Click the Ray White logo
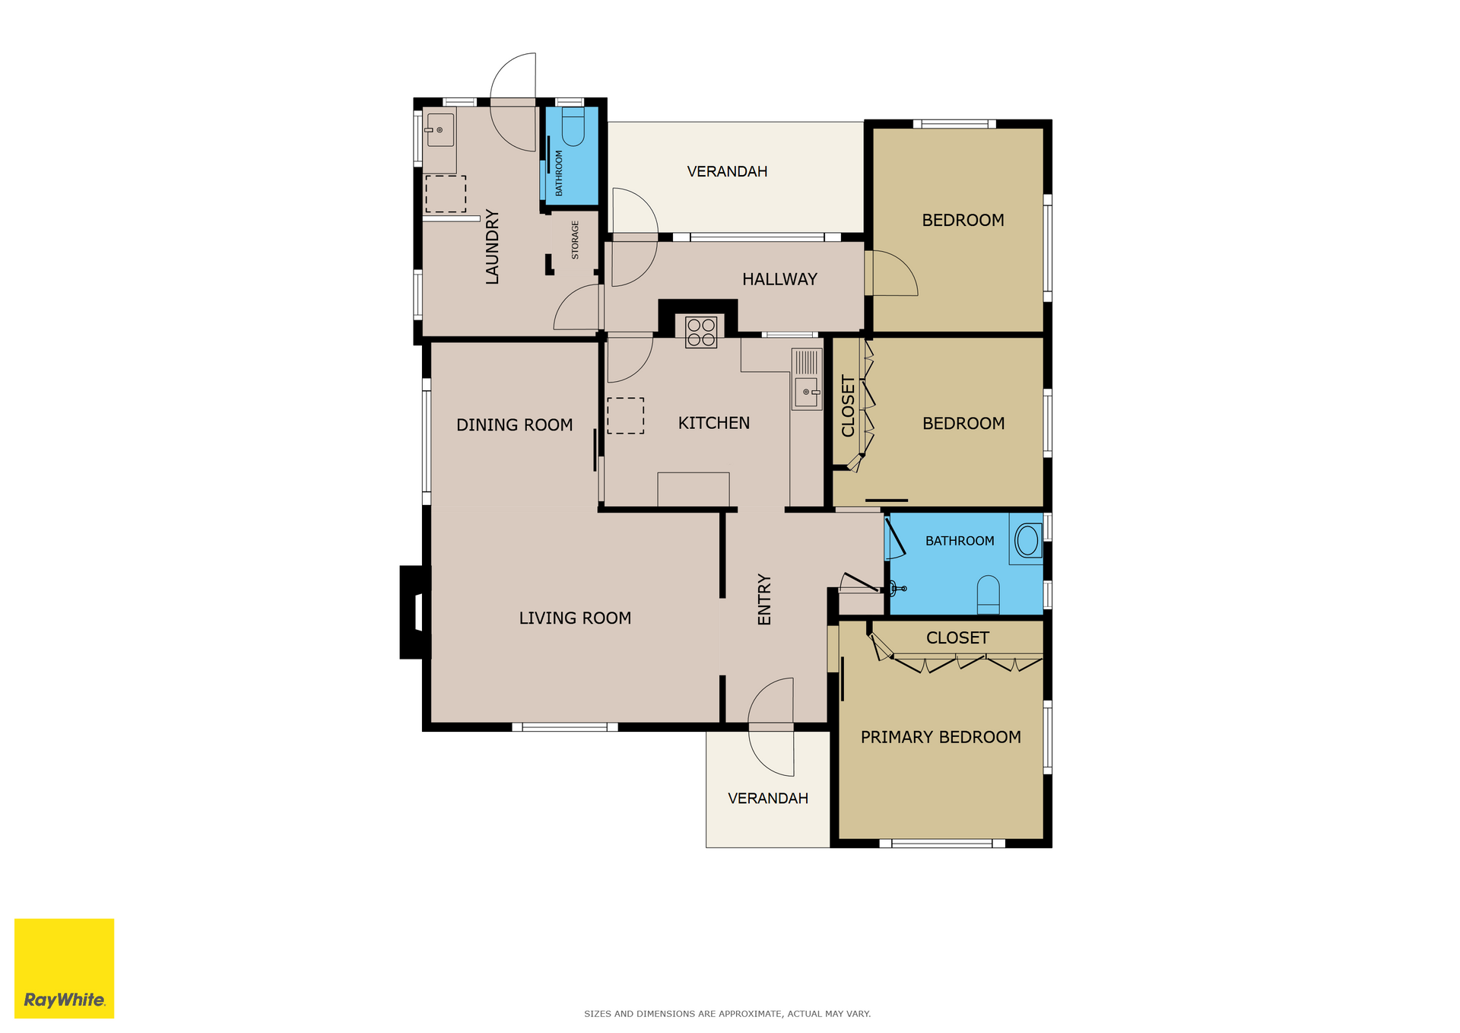click(x=64, y=968)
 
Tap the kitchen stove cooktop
click(x=701, y=332)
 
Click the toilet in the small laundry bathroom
click(x=573, y=126)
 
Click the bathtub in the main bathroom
click(x=1027, y=539)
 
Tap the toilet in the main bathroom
click(x=988, y=595)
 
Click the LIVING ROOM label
click(x=575, y=618)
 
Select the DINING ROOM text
click(x=514, y=425)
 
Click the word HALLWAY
click(x=779, y=279)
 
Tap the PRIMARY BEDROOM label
click(x=941, y=737)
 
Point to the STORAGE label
click(x=575, y=240)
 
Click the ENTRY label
click(x=764, y=599)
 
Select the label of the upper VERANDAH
click(x=727, y=171)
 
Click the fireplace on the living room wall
click(x=415, y=612)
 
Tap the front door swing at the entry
click(x=771, y=726)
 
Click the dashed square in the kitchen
click(x=625, y=416)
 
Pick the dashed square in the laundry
click(x=446, y=194)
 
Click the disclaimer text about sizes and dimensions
click(x=727, y=1013)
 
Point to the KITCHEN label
click(x=713, y=423)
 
